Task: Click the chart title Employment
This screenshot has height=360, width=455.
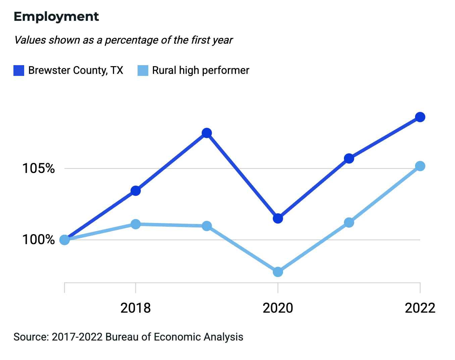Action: tap(56, 17)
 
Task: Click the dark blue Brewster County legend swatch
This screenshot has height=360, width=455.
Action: tap(19, 71)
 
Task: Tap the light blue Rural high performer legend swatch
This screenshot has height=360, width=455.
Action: tap(143, 71)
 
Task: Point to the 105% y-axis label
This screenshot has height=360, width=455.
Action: tap(38, 168)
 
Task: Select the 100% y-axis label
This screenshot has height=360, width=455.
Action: tap(38, 240)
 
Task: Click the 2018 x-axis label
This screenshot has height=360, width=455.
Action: tap(136, 308)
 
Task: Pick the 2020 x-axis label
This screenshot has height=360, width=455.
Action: tap(278, 308)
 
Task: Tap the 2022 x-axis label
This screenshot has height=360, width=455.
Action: tap(420, 308)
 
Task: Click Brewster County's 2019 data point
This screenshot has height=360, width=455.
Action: tap(207, 133)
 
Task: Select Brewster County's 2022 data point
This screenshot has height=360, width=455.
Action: tap(420, 117)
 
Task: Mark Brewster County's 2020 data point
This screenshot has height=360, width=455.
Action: tap(278, 219)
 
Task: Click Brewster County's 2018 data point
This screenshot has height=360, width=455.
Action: tap(136, 191)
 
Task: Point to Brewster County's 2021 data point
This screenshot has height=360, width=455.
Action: tap(349, 159)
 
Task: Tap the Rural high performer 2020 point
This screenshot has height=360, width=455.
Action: tap(278, 272)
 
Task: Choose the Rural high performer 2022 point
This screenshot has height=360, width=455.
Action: tap(420, 166)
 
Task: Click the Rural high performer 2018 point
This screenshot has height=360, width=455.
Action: tap(136, 224)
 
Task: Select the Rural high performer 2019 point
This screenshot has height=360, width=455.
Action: tap(207, 226)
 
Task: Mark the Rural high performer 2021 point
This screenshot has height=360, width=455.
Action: tap(349, 223)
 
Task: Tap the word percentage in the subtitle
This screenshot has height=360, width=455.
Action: tap(131, 40)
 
